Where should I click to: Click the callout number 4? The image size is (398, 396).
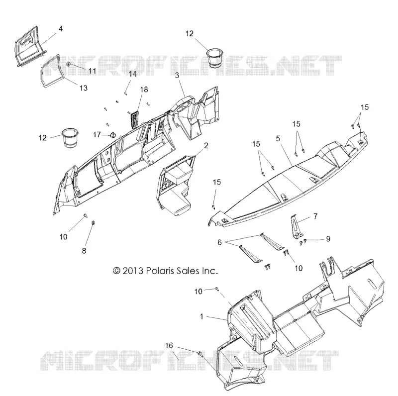[x=60, y=29]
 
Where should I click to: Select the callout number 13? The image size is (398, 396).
[x=84, y=88]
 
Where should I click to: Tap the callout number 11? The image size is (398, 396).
[x=92, y=71]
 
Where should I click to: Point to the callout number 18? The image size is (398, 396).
[x=144, y=90]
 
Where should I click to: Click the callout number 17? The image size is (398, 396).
[x=97, y=134]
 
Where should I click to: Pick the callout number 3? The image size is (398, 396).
[x=177, y=75]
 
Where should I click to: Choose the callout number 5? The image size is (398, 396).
[x=278, y=138]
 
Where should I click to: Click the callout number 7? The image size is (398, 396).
[x=315, y=216]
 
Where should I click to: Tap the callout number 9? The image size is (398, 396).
[x=328, y=239]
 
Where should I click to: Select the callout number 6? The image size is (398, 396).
[x=219, y=242]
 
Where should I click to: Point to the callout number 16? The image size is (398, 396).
[x=169, y=345]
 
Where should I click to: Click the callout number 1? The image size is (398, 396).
[x=202, y=316]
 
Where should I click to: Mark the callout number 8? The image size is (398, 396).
[x=84, y=251]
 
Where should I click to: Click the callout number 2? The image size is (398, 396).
[x=206, y=145]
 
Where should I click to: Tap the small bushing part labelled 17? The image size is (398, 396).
[x=112, y=135]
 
